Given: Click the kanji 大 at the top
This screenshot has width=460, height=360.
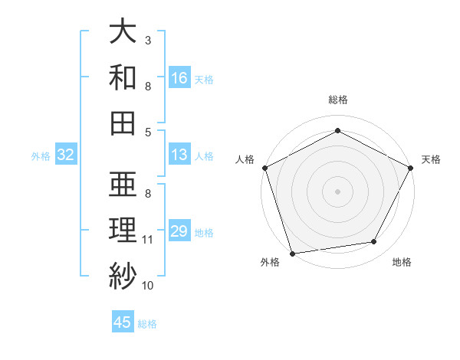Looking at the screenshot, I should point(123,32).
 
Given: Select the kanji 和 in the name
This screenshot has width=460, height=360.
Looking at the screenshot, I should point(123,77).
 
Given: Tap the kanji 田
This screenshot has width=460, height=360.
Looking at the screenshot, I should point(123,123).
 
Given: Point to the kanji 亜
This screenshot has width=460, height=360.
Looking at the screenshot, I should point(123,184).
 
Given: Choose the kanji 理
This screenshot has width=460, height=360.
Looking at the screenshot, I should point(123,230).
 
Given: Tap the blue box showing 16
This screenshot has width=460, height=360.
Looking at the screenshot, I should point(179,77).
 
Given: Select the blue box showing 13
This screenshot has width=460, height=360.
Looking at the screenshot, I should point(179,155).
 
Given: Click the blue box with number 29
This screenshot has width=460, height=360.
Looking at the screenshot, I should point(179,231).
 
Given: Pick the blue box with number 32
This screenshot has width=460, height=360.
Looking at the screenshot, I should point(66,155).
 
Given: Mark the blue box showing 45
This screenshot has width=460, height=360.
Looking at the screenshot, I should point(123,322).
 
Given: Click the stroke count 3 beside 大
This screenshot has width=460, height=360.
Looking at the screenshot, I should point(147,39).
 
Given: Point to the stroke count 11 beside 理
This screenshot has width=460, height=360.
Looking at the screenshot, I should point(147,240).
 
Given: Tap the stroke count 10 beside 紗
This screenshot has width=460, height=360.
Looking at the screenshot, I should point(148,286).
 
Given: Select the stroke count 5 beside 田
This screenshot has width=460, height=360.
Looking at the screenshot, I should point(147,132).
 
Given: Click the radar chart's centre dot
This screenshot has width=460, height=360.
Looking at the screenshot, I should point(337,191).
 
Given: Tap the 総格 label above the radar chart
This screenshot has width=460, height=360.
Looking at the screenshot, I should point(337,100).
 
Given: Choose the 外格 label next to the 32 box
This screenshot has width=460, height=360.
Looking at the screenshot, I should point(41,155).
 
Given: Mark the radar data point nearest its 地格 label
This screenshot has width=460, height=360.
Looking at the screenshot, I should point(374,242).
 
